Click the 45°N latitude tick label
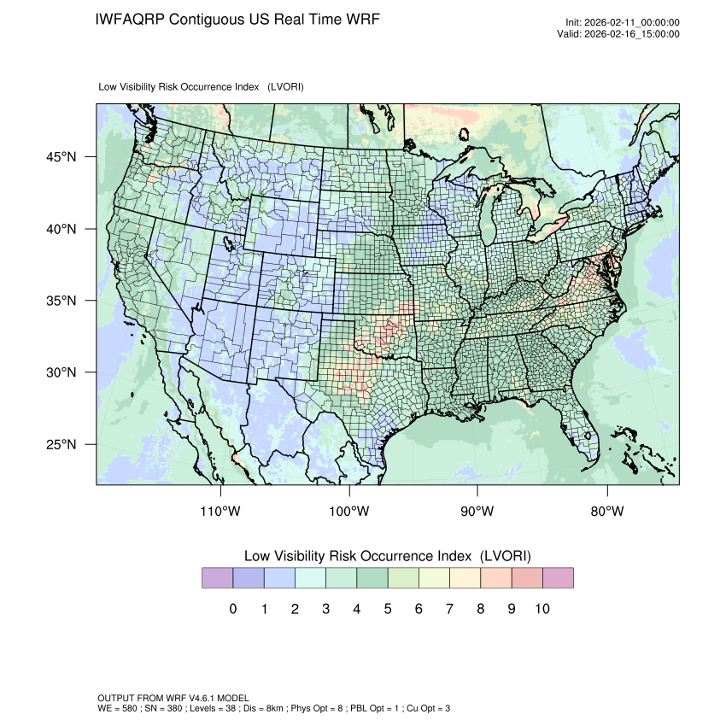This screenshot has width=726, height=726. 61,157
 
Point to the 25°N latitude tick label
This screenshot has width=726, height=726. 61,445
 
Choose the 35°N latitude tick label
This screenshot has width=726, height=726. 61,302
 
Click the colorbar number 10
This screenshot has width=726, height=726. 542,609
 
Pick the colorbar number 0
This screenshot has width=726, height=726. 233,609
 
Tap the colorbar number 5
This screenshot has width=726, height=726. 388,609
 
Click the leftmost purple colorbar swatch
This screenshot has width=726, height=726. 217,578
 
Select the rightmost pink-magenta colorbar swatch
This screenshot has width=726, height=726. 558,578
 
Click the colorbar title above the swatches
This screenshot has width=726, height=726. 387,556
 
